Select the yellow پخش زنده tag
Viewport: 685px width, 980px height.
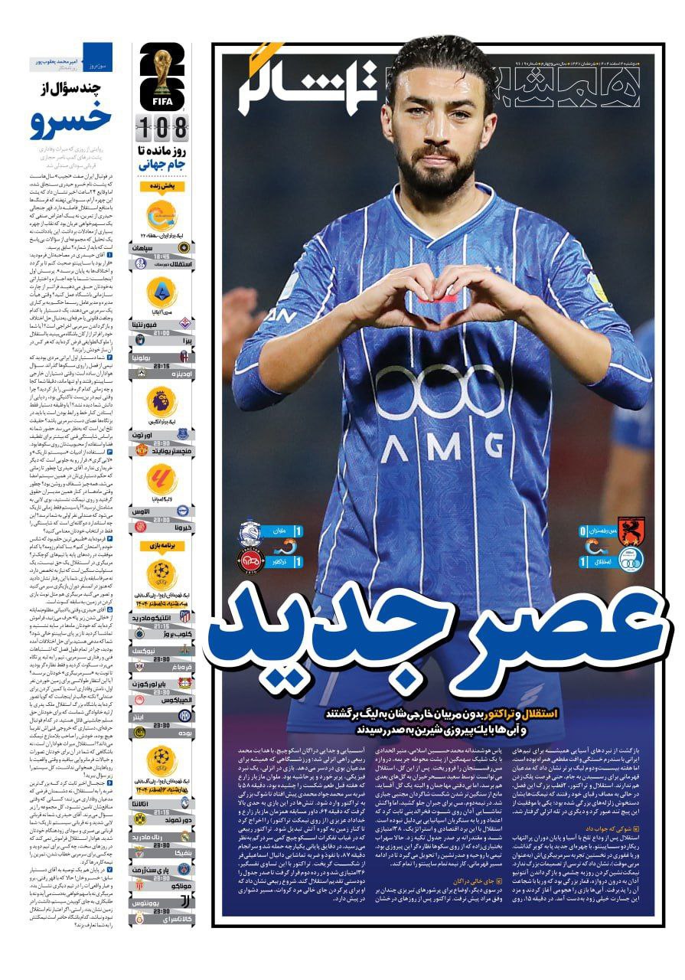point(162,186)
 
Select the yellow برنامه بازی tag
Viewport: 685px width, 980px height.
point(161,546)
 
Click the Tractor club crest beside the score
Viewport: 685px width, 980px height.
point(249,560)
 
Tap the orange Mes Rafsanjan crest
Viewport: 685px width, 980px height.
point(631,529)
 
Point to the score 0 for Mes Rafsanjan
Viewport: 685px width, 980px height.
point(583,531)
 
